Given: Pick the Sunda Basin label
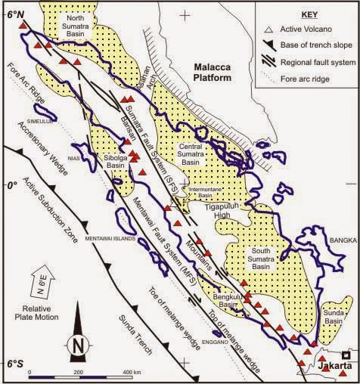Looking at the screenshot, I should click(x=331, y=315).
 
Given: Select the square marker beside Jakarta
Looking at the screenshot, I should click(x=346, y=355).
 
